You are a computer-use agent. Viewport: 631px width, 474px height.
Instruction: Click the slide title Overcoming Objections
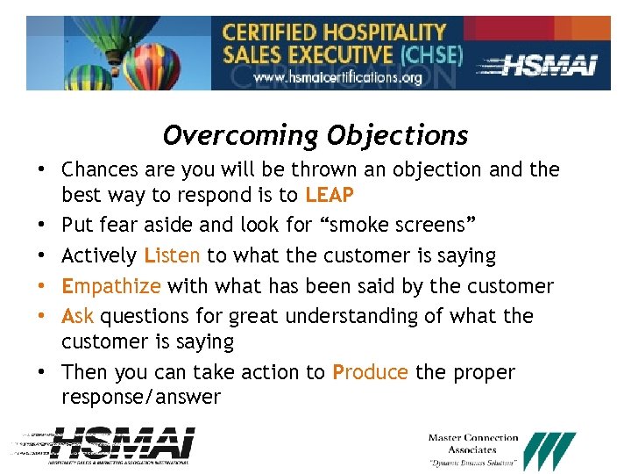(x=315, y=135)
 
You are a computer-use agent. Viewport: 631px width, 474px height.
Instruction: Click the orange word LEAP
(x=330, y=195)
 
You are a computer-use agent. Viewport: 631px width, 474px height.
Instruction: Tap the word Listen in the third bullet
(x=173, y=255)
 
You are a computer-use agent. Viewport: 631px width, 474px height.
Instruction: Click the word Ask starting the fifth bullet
(x=78, y=315)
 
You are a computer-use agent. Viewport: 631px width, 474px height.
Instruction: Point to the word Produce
(x=370, y=372)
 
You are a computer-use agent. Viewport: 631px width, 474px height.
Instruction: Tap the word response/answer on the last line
(x=141, y=397)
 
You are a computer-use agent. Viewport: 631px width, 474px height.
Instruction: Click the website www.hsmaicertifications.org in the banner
(x=337, y=77)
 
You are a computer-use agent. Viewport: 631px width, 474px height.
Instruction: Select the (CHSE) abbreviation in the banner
(x=431, y=54)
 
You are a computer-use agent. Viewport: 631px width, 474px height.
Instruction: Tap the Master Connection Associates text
(x=473, y=443)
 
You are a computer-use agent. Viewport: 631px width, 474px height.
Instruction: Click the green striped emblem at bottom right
(x=550, y=450)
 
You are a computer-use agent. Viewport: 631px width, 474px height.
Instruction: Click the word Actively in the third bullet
(x=99, y=255)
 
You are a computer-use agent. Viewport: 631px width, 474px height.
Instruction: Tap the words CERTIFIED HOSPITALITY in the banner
(x=335, y=33)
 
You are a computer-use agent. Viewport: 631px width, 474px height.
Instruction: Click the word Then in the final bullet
(x=85, y=372)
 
